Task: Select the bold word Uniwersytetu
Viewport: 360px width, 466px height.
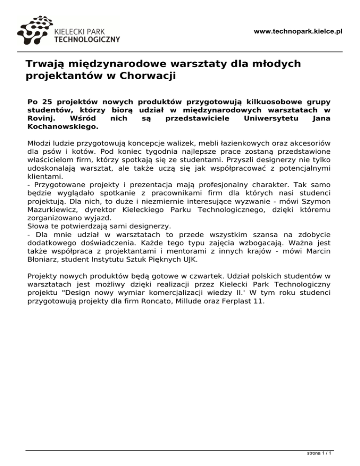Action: [268, 118]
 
